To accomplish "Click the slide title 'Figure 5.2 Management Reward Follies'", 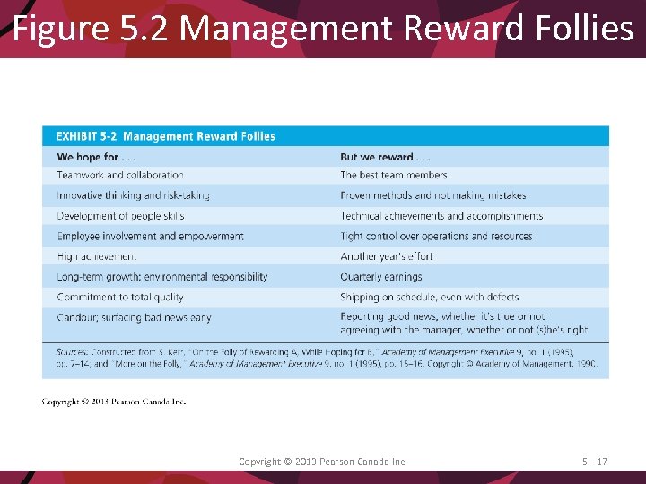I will [323, 28].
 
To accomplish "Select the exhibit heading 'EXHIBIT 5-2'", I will [86, 136].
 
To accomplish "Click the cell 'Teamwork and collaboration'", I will [120, 176].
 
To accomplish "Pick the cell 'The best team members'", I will [393, 176].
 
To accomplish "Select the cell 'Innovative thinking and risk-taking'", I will [133, 195].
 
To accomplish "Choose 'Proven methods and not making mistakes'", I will [432, 195].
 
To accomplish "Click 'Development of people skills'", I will [120, 216].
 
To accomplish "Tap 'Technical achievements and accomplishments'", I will [441, 216].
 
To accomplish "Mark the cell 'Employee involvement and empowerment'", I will [150, 237].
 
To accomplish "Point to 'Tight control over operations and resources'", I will [436, 237].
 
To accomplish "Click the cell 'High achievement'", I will [97, 256].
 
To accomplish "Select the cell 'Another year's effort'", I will [386, 256].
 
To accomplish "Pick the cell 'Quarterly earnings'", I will [380, 277].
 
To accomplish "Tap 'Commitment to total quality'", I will [120, 298].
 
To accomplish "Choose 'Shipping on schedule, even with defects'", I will [429, 298].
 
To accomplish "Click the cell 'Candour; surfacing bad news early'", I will [134, 318].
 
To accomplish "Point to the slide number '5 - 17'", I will [594, 462].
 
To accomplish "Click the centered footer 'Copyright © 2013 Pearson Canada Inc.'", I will [323, 462].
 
